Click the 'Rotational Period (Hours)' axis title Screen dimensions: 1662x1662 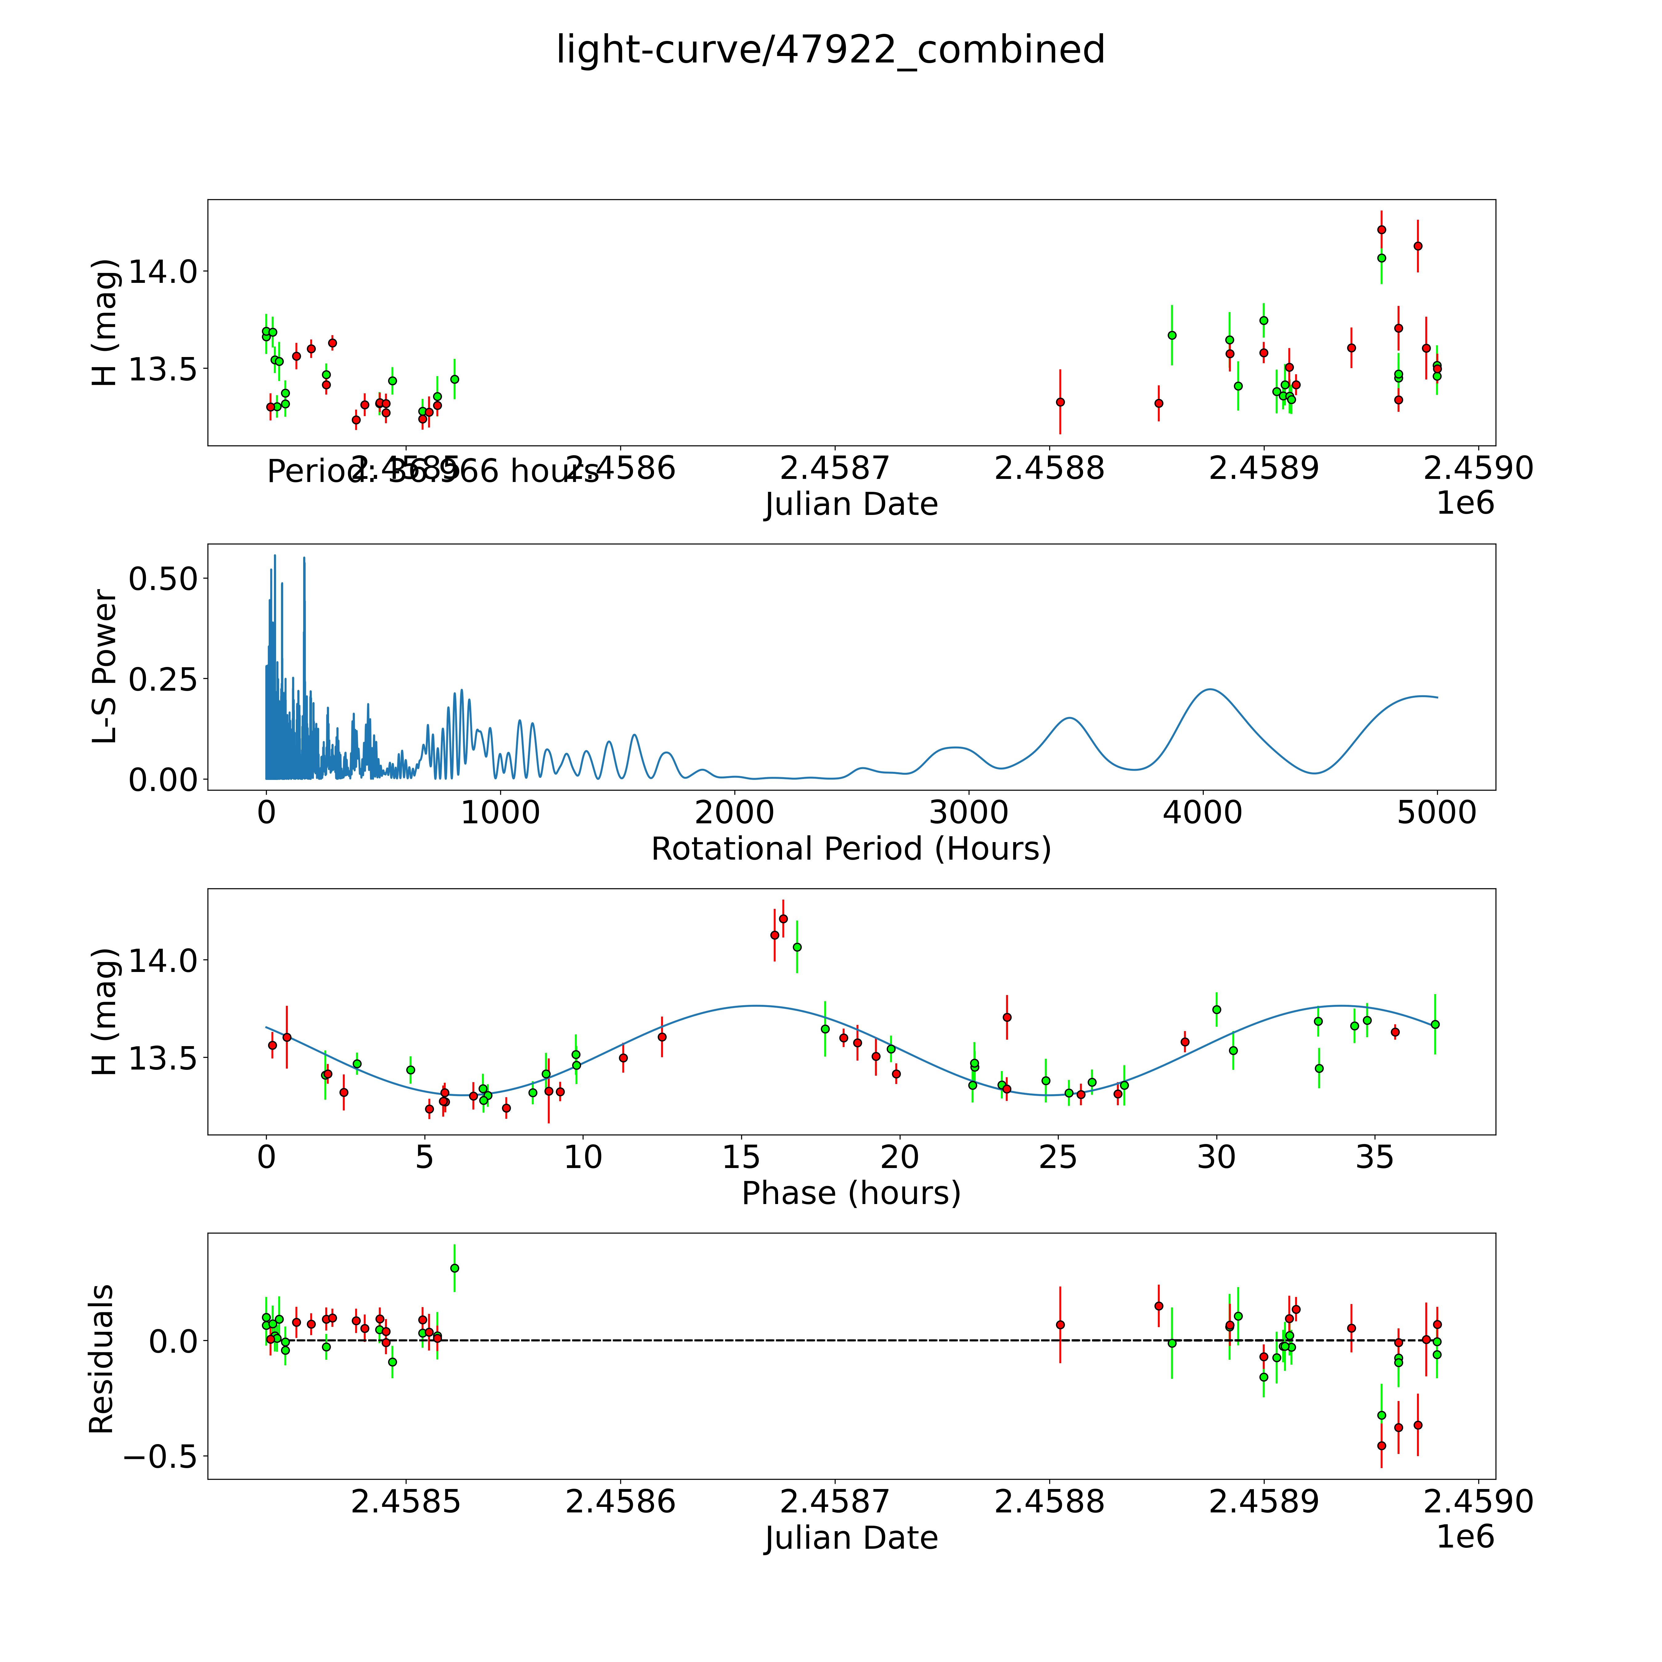point(851,849)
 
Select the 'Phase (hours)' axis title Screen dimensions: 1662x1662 point(851,1193)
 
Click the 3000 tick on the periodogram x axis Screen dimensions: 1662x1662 point(969,812)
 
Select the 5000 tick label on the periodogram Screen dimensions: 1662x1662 point(1437,812)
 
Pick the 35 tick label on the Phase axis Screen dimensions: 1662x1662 point(1375,1157)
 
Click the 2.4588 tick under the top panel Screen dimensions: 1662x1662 point(1049,469)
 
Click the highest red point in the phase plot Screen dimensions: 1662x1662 point(783,919)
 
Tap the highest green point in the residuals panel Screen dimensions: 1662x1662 point(454,1268)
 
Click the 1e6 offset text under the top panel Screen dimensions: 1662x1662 point(1465,503)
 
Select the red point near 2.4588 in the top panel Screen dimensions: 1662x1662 point(1060,402)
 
